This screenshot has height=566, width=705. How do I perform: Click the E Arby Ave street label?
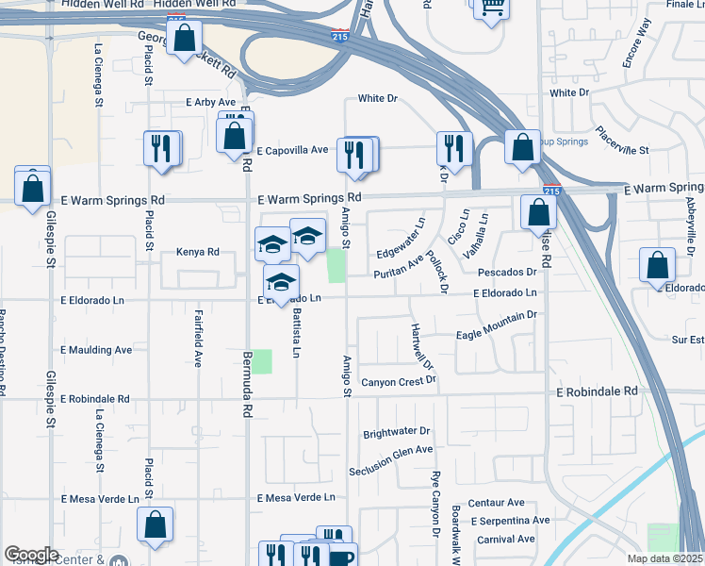point(210,102)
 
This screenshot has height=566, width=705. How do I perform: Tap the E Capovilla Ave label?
point(291,150)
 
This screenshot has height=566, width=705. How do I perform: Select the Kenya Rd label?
point(198,253)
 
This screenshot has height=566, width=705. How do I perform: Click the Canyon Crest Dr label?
point(400,381)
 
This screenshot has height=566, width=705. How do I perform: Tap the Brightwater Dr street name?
point(397,433)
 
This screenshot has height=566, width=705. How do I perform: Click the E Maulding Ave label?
point(97,350)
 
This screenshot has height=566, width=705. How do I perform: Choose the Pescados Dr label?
point(506,273)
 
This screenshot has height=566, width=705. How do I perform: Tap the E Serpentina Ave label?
point(510,521)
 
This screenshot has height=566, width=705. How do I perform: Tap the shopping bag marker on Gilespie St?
point(33,187)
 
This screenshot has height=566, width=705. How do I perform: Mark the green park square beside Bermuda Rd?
point(261,361)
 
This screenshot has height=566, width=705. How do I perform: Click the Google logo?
point(31,555)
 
